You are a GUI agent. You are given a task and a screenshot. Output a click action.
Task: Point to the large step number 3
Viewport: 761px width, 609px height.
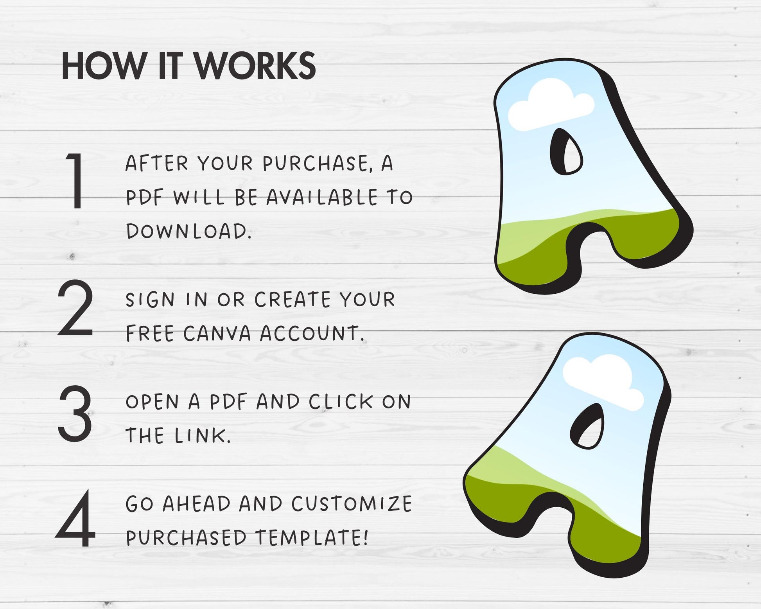[x=75, y=413]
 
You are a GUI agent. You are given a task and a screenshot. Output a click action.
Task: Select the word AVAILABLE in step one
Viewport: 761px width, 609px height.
[x=322, y=198]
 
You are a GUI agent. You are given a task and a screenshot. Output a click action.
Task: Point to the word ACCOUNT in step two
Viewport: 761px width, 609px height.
[x=312, y=334]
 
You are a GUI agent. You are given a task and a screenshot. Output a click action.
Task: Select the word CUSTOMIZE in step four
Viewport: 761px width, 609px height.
[x=352, y=504]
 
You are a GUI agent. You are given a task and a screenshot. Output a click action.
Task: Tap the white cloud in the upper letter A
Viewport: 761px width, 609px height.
[x=551, y=104]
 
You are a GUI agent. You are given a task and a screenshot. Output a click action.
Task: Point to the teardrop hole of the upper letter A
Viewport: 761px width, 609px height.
[x=567, y=152]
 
